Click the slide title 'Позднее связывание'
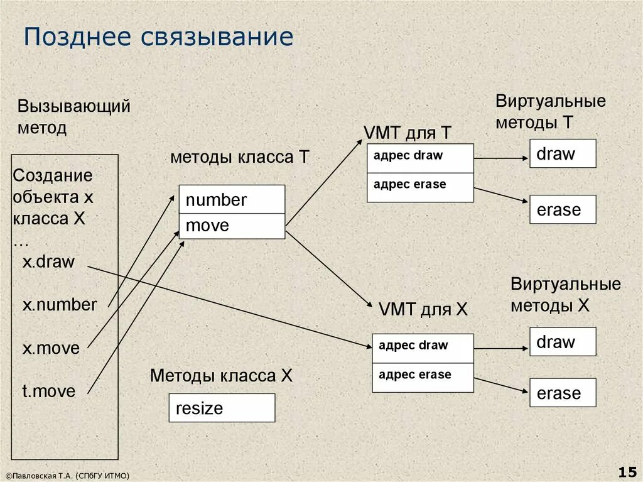(158, 37)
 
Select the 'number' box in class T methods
(232, 199)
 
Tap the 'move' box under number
(232, 226)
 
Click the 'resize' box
(222, 408)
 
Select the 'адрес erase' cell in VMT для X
(423, 377)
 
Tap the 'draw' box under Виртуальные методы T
(562, 153)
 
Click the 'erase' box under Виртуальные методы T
(562, 210)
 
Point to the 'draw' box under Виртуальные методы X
(562, 342)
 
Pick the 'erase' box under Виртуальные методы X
(562, 393)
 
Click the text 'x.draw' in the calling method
(49, 262)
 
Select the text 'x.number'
(60, 305)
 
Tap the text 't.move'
(49, 392)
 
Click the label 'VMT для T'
(407, 133)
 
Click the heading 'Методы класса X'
(221, 376)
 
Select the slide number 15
(627, 471)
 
